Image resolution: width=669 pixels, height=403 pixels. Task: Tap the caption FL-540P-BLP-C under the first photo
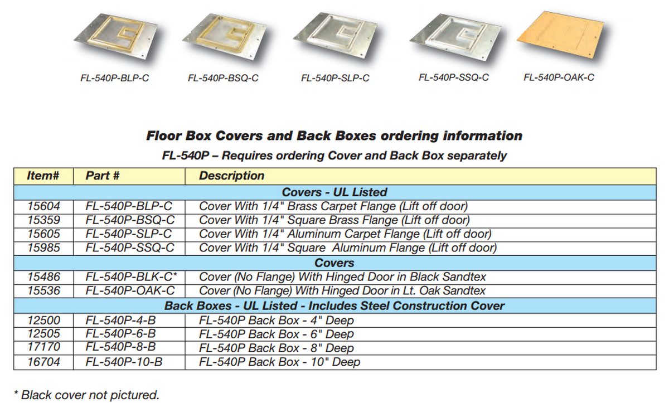click(115, 79)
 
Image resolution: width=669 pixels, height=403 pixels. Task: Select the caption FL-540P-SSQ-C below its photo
click(454, 77)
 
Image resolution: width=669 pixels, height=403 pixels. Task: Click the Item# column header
click(43, 176)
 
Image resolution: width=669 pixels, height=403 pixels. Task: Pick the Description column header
click(231, 176)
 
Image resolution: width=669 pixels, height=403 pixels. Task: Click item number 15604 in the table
click(43, 206)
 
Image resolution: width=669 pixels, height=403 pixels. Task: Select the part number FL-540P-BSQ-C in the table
click(130, 220)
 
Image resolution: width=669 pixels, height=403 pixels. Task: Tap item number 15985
click(43, 247)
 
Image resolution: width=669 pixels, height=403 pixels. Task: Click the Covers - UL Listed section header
click(334, 192)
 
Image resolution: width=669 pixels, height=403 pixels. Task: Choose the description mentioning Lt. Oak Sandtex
click(342, 290)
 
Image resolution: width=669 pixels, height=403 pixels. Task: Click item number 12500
click(43, 321)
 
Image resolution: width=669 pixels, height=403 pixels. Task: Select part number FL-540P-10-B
click(124, 362)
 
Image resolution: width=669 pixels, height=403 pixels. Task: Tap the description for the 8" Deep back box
click(276, 348)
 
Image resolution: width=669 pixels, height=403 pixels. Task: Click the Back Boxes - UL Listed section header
click(334, 306)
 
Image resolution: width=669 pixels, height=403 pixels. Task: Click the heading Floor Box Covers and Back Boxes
click(334, 136)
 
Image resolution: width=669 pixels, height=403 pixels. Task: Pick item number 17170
click(43, 348)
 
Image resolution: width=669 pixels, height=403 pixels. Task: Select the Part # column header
click(103, 176)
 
